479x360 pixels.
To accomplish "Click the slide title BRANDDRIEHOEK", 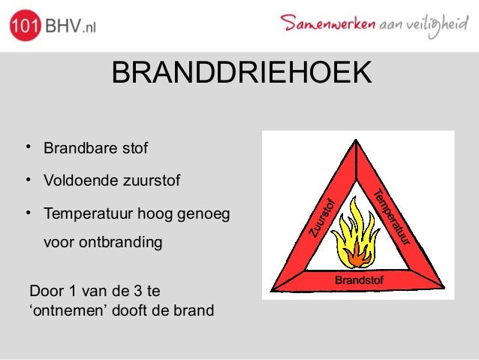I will click(240, 74).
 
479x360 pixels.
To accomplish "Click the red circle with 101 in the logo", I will click(25, 27).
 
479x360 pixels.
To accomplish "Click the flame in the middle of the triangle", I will click(357, 238).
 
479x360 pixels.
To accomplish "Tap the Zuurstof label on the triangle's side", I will click(322, 217).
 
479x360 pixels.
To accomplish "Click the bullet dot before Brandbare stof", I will click(26, 145).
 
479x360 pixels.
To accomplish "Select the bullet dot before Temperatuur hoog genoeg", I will click(26, 213).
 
